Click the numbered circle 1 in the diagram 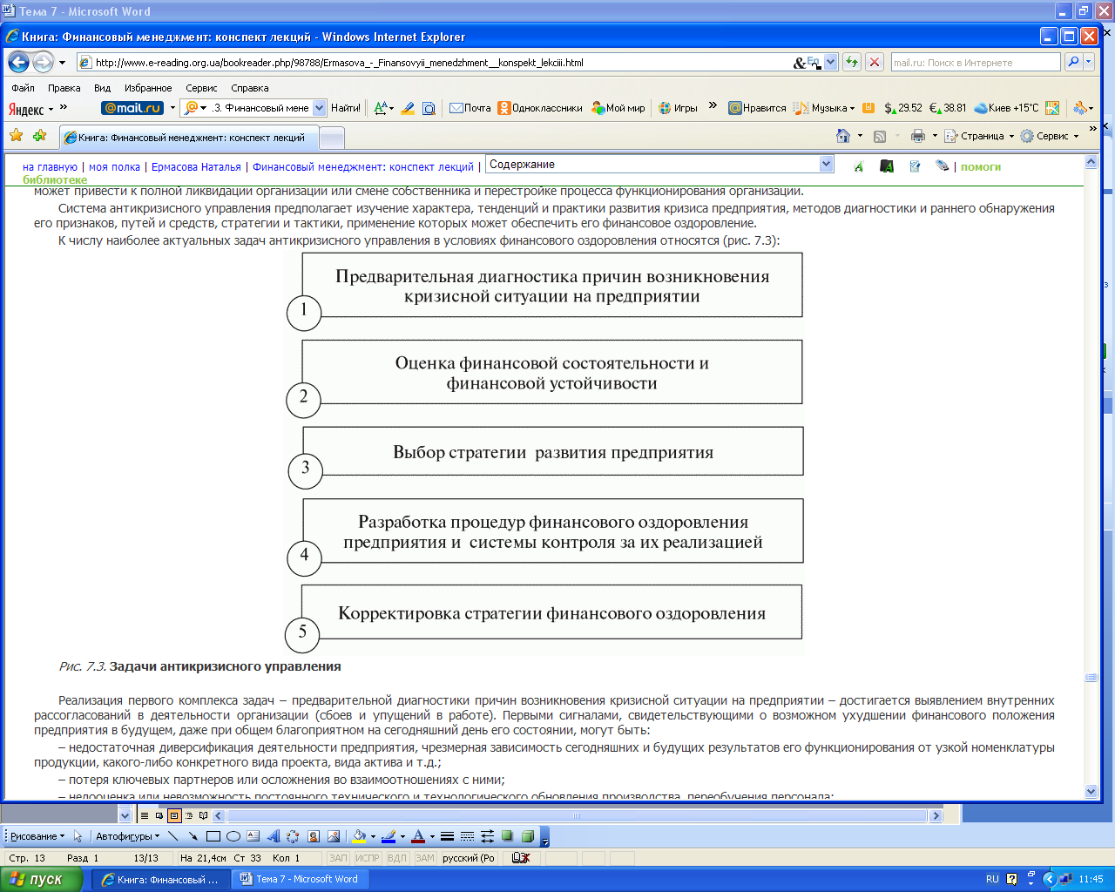304,311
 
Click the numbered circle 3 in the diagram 305,470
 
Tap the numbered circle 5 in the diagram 302,633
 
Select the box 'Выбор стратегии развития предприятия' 553,451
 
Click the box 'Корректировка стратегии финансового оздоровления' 551,612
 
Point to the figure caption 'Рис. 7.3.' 83,666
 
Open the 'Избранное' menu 148,88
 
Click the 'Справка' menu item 250,88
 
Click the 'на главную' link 50,166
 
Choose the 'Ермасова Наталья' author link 196,166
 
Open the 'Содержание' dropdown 659,164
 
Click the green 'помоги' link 981,166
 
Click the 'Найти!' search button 346,108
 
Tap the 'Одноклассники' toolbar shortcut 540,108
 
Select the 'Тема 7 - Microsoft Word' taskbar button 300,879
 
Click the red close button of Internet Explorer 1089,37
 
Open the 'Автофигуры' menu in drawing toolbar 127,836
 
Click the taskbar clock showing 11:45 1091,879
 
